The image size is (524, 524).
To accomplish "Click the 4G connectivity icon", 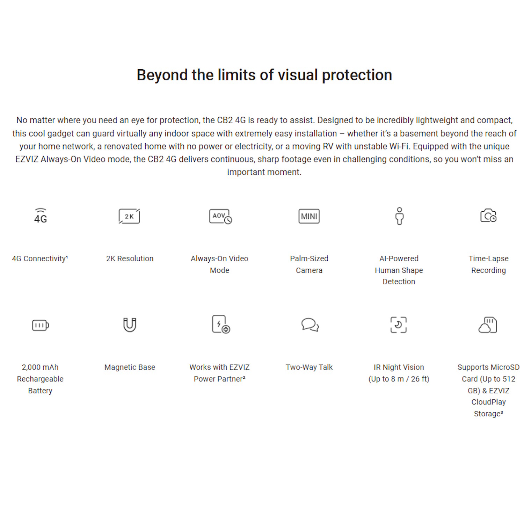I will [41, 216].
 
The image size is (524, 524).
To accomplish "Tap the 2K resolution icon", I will [129, 216].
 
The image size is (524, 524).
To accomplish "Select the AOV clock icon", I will [220, 216].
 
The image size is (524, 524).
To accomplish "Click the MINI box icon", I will [309, 216].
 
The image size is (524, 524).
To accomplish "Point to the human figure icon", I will [399, 216].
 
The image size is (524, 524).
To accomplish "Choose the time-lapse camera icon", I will [488, 216].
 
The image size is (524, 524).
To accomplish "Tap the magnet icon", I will [130, 325].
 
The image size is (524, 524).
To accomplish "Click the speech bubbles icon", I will [310, 325].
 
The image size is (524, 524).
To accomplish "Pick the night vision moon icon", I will [399, 325].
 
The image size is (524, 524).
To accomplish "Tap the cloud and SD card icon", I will [488, 325].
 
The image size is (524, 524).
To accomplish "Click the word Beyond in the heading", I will [162, 75].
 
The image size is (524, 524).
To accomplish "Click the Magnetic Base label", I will [130, 367].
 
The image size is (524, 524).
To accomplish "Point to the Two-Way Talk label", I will [309, 367].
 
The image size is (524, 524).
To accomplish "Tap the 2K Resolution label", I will [130, 259].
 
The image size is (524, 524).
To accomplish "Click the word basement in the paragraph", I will [419, 133].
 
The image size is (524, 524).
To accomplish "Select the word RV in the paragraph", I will [328, 146].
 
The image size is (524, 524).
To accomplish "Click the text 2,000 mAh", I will [40, 367].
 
